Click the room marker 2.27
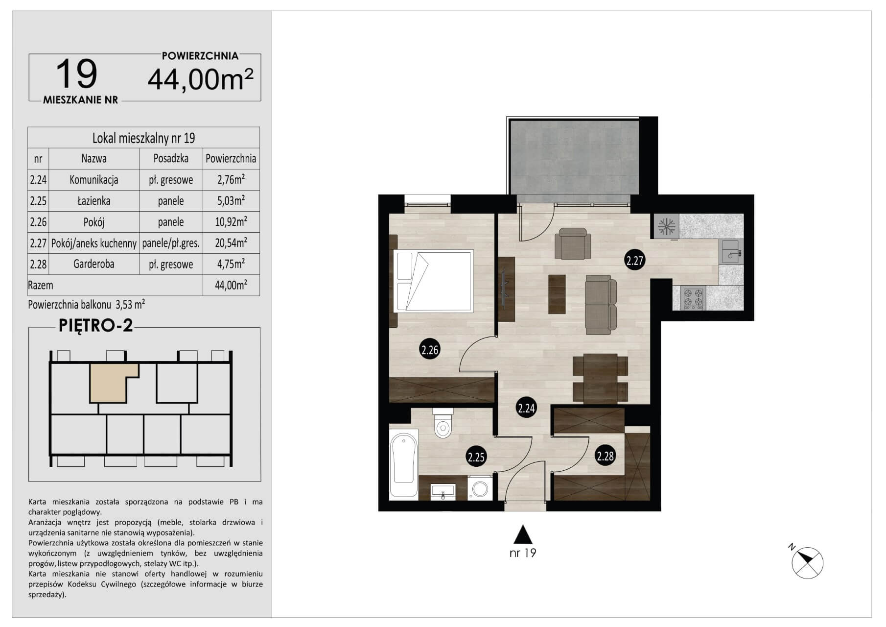coord(634,260)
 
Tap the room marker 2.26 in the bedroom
coord(429,349)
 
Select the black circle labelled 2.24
coord(526,408)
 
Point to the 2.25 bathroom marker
coord(476,457)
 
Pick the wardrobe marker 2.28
coord(605,456)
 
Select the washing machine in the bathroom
coord(480,488)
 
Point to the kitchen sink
coord(731,251)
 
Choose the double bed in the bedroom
coord(433,281)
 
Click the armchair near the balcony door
coord(573,243)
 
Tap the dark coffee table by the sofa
coord(557,294)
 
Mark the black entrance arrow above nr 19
coord(523,534)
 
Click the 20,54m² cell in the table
coord(231,242)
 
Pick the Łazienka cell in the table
coord(93,201)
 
